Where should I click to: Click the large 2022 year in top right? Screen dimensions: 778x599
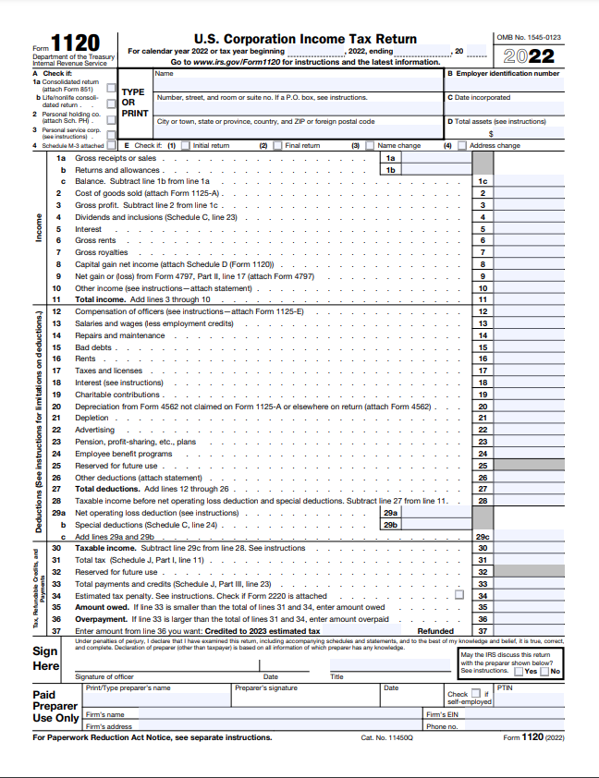535,55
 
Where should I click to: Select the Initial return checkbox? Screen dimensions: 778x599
185,145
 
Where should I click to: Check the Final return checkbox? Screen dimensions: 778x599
277,145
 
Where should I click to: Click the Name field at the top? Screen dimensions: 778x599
296,79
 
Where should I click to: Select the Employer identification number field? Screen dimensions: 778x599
505,83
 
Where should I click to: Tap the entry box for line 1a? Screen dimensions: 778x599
438,158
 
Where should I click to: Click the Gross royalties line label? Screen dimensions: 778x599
102,252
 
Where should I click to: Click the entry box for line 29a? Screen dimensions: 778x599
438,513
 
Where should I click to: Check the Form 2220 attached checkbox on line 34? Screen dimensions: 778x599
459,596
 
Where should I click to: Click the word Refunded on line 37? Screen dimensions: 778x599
435,631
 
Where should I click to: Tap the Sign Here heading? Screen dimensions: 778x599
46,658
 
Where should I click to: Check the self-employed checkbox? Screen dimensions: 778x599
476,693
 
